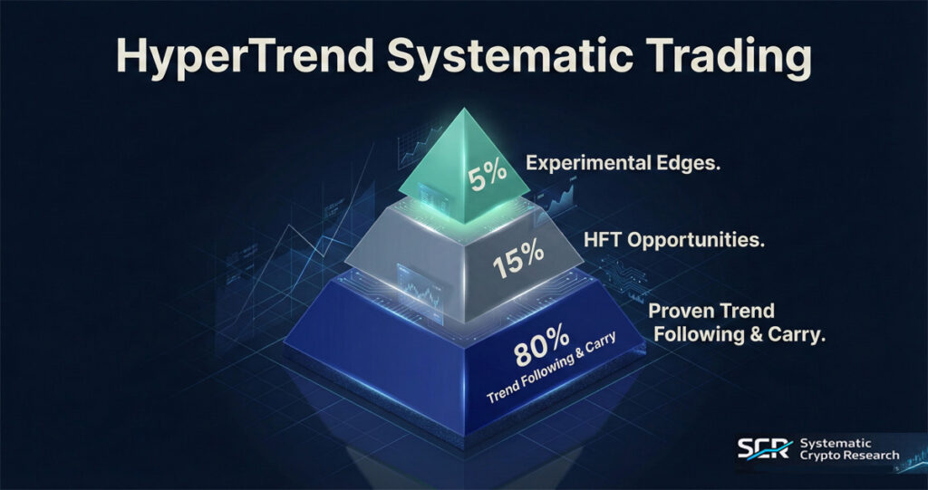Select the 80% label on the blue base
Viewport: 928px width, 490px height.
coord(541,351)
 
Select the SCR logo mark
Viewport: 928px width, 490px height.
coord(764,449)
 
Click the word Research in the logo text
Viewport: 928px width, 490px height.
coord(872,456)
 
